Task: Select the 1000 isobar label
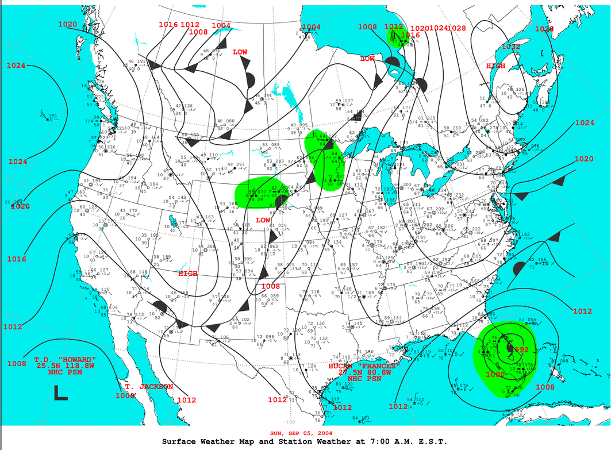coord(495,374)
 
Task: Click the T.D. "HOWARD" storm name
coord(64,359)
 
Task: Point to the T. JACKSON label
coord(148,387)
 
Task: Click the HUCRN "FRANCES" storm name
coord(364,366)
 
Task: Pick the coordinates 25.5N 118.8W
coord(64,366)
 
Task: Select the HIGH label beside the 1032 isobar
coord(496,66)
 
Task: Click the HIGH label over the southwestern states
coord(187,274)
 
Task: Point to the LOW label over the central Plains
coord(263,220)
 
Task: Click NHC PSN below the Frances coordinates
coord(364,379)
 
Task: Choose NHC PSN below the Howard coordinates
coord(64,372)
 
